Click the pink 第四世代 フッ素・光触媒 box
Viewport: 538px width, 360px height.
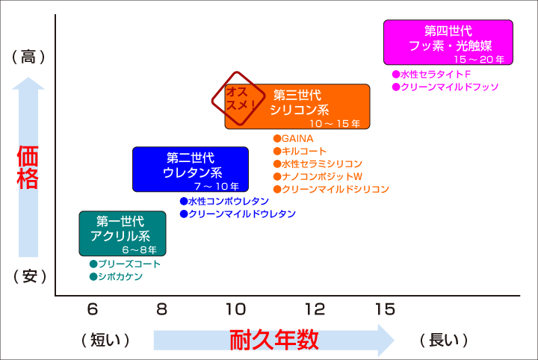pos(448,42)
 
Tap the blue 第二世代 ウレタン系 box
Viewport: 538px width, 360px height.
pos(191,169)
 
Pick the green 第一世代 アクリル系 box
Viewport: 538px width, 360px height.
pos(123,234)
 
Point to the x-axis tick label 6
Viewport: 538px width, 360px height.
pos(93,309)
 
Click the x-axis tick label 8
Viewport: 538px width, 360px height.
pos(161,309)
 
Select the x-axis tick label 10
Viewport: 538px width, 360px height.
pos(235,309)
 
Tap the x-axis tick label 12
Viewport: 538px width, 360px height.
pos(315,309)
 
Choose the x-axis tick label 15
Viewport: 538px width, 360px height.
pos(385,309)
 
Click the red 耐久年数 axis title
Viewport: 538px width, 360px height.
pos(273,340)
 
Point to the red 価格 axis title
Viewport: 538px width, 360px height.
pos(28,167)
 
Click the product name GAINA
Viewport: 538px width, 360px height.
pos(297,138)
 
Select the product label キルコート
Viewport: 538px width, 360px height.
pos(303,151)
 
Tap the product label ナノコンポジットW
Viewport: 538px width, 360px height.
pos(322,176)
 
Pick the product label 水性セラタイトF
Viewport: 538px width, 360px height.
pos(435,75)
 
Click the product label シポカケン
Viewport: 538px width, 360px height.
pos(120,276)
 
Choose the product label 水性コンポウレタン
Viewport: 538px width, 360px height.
pos(229,201)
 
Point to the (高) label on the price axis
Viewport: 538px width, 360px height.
pos(28,57)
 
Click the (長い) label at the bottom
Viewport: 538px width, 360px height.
pos(444,340)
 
